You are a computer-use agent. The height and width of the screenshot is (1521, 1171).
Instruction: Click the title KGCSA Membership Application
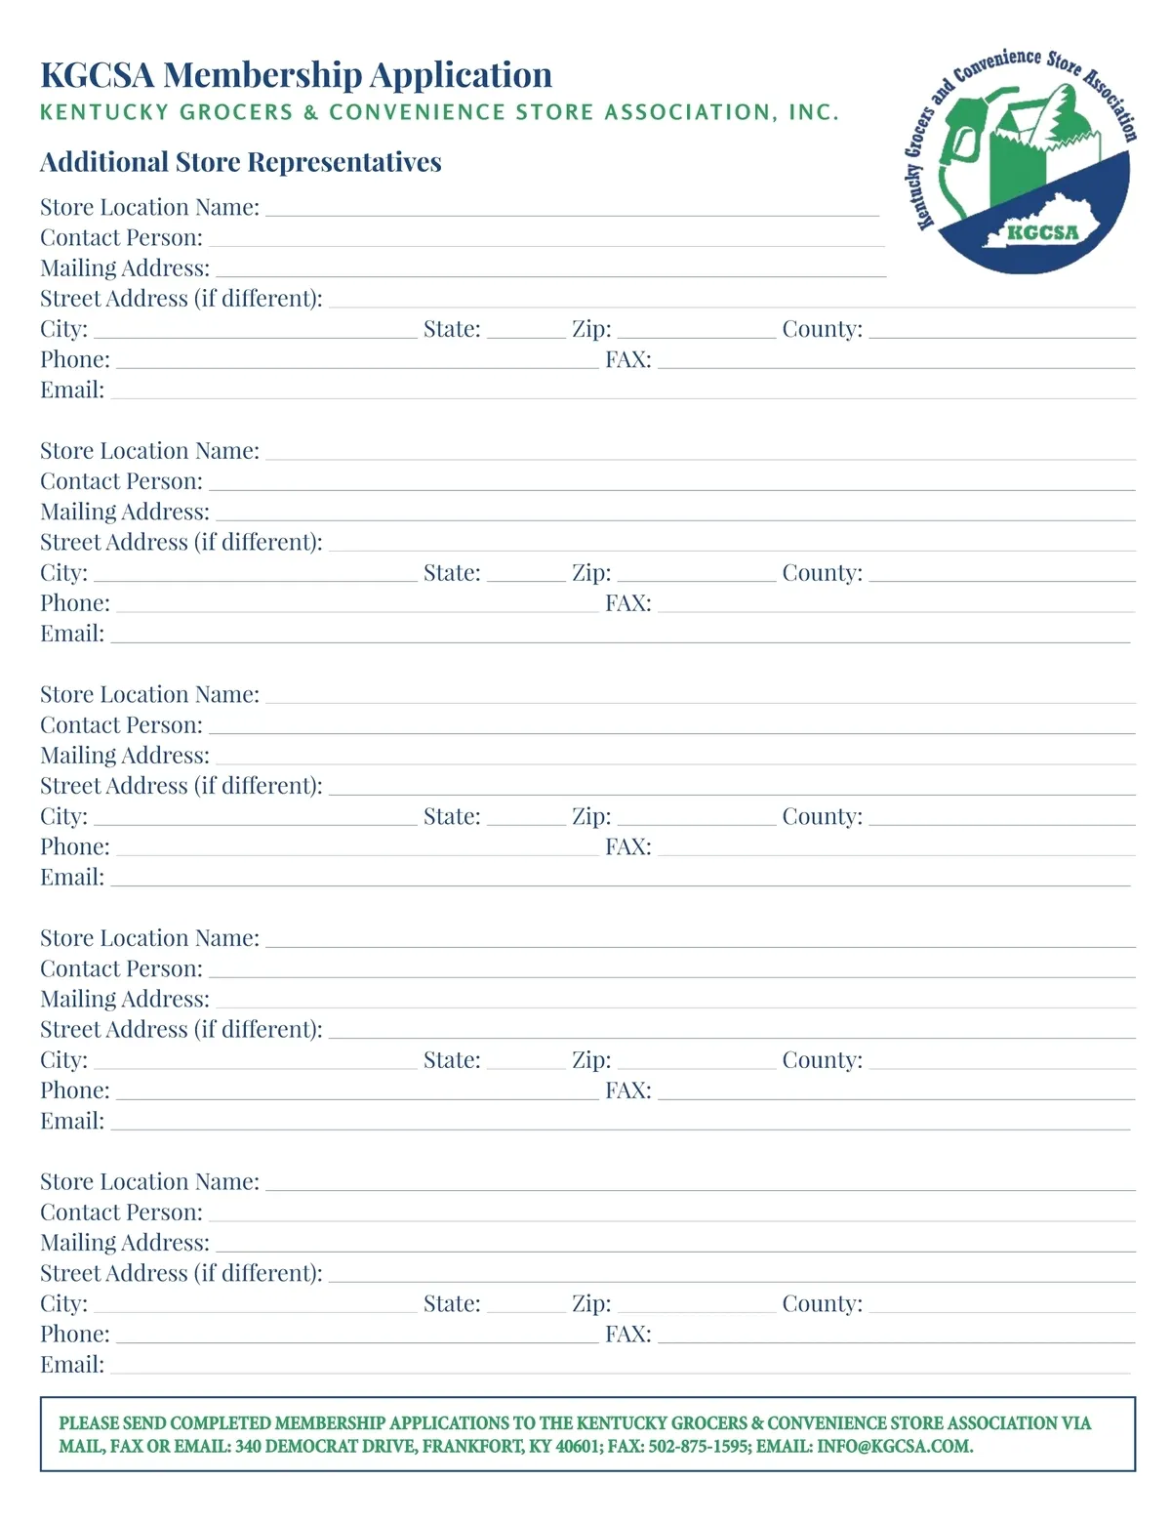click(296, 75)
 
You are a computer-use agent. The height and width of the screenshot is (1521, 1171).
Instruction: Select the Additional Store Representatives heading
click(240, 162)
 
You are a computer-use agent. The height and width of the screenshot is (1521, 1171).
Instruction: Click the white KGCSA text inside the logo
click(1042, 232)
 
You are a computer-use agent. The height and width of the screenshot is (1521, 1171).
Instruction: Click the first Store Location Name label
click(149, 207)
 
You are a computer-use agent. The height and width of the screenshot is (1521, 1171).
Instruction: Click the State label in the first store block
click(452, 329)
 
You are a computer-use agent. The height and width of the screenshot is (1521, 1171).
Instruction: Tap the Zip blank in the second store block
click(696, 577)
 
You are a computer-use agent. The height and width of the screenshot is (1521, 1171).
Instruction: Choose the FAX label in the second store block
click(627, 603)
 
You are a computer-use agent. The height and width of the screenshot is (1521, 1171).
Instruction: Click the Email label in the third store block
click(72, 877)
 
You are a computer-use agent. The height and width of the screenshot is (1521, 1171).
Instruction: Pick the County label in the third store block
click(822, 816)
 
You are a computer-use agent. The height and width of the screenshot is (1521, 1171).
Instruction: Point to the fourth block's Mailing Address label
click(125, 999)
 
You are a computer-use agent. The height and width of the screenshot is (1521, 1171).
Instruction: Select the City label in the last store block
click(63, 1303)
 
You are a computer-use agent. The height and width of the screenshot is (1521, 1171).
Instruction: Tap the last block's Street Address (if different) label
click(181, 1273)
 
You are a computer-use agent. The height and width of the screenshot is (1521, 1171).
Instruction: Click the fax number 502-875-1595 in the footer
click(699, 1446)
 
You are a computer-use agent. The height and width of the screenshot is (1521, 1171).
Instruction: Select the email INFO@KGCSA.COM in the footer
click(894, 1446)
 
